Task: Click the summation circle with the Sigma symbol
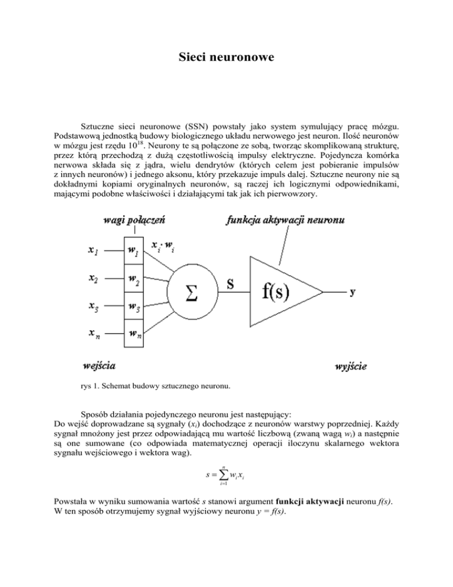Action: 192,293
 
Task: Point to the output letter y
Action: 353,291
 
